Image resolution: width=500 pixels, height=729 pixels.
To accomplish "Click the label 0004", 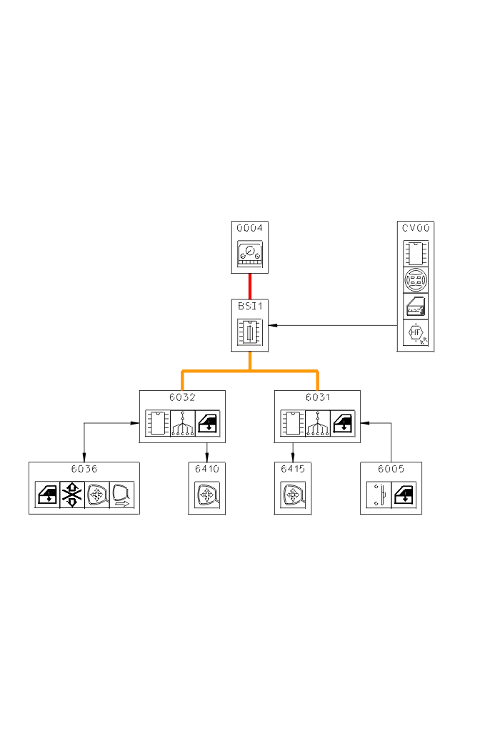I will point(250,229).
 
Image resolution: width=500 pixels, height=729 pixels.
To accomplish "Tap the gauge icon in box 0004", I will point(250,254).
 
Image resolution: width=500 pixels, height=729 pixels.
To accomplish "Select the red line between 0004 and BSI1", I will point(250,286).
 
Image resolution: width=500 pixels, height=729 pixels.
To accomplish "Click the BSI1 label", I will point(250,305).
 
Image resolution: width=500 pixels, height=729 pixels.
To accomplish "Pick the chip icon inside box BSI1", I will point(250,332).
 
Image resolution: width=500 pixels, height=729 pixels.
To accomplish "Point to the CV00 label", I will point(416,229).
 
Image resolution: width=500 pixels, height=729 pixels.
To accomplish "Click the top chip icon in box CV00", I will point(416,253).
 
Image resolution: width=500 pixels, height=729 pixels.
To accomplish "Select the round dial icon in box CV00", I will point(416,279).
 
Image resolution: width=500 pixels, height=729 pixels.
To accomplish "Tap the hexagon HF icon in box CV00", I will point(416,332).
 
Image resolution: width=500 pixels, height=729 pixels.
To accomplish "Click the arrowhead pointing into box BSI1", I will point(273,325).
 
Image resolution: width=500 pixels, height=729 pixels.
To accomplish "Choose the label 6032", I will point(182,397).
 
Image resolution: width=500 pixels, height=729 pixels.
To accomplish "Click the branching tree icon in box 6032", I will point(182,423).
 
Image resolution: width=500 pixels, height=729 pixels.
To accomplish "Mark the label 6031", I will point(317,397).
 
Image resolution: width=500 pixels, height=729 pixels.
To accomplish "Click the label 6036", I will point(84,470).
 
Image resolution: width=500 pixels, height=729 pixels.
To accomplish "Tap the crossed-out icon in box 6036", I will point(72,495).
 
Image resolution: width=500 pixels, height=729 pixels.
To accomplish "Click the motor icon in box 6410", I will point(207,495).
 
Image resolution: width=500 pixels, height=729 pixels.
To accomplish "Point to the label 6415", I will point(292,470).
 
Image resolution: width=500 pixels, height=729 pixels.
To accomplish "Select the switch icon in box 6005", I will point(379,495).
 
